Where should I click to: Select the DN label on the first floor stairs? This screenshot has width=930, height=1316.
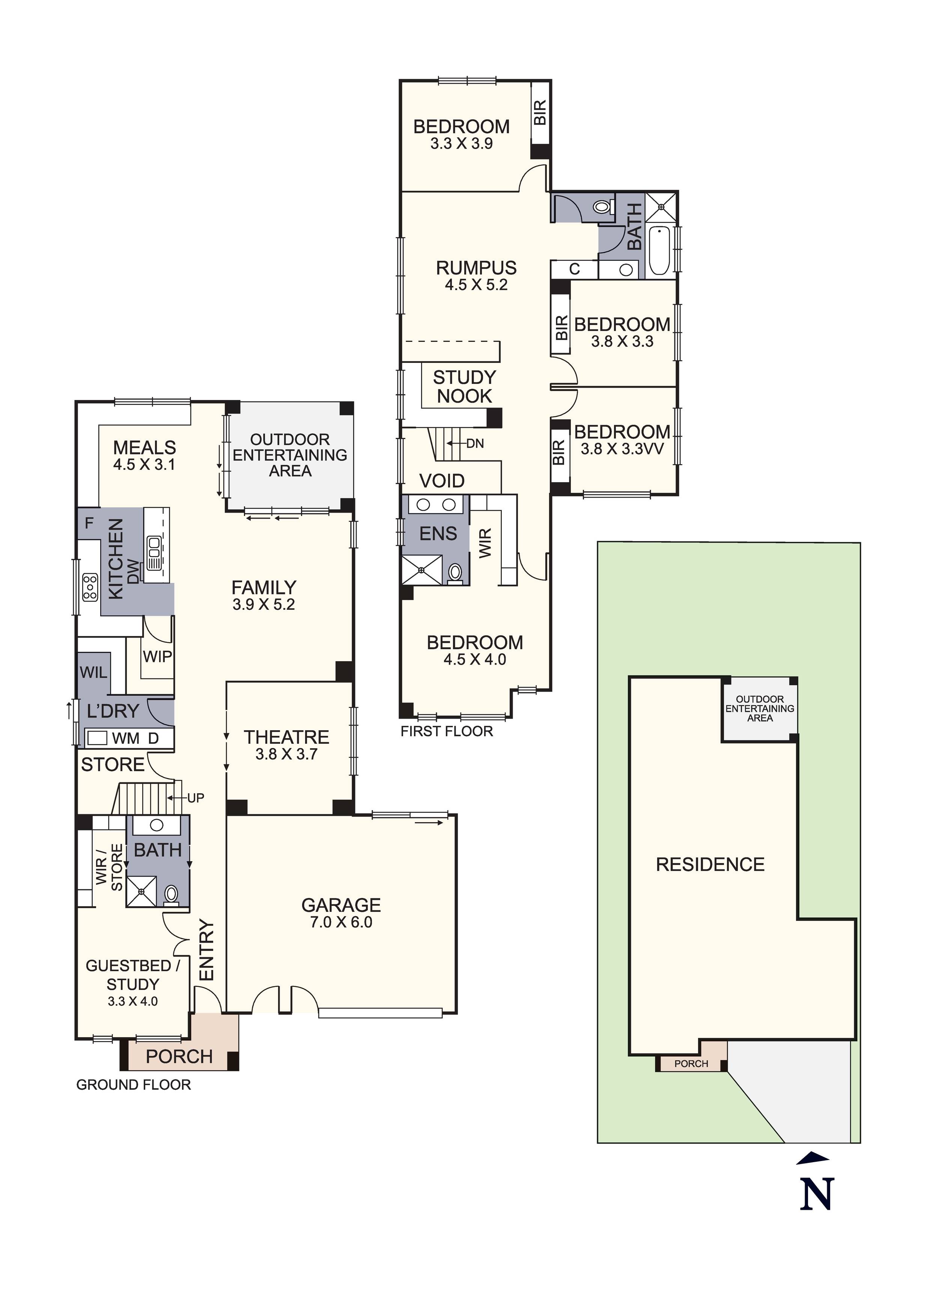475,443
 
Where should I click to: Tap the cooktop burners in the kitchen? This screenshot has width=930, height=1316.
90,588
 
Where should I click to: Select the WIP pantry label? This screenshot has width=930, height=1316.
157,656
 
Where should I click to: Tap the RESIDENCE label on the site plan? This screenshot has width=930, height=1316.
710,864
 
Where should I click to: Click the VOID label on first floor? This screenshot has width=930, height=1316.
441,481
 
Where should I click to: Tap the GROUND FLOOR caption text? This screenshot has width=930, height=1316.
134,1085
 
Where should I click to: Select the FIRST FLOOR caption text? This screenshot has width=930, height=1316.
447,731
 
